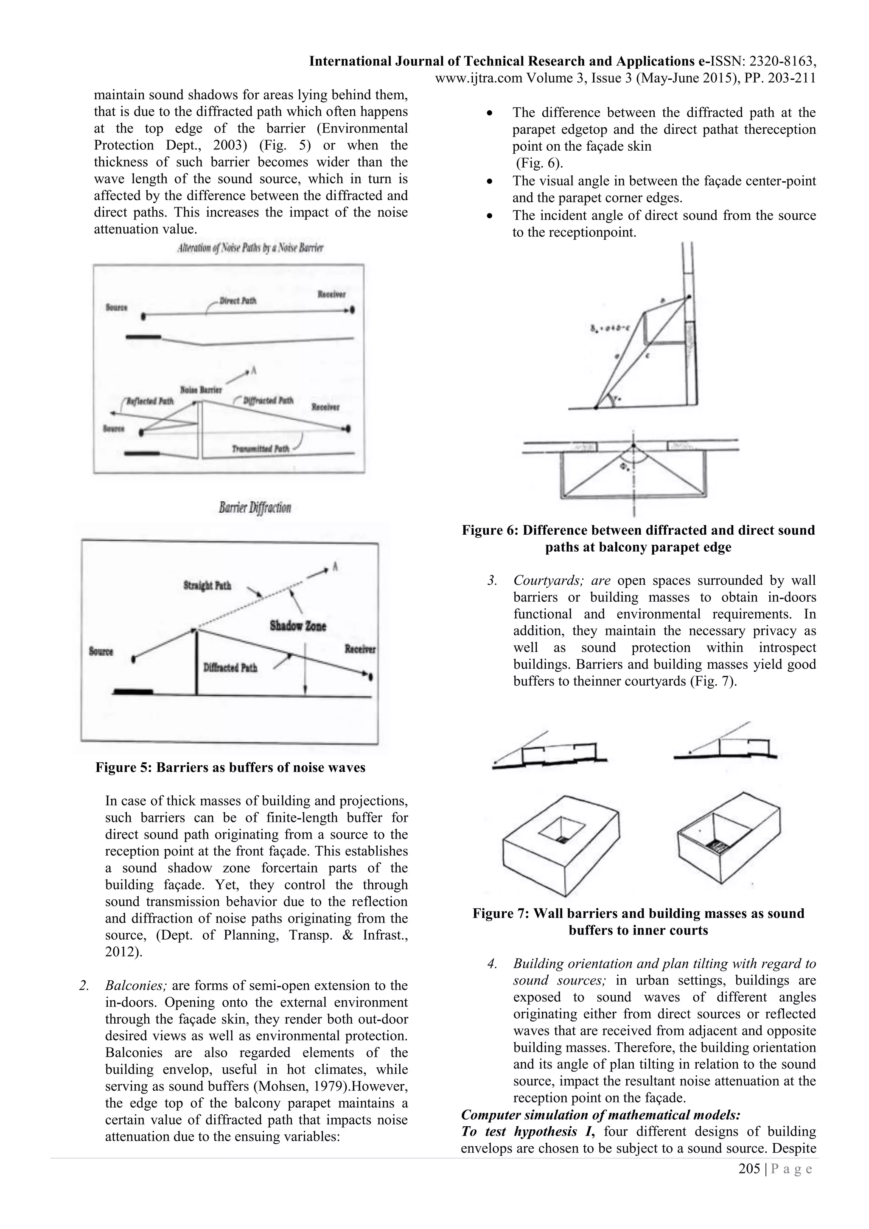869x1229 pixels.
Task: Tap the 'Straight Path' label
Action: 207,586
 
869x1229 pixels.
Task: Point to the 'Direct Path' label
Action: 238,301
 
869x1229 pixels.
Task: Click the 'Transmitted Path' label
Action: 261,449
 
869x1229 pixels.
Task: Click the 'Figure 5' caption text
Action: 230,768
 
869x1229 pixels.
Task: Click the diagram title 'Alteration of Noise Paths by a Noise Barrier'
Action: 250,248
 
